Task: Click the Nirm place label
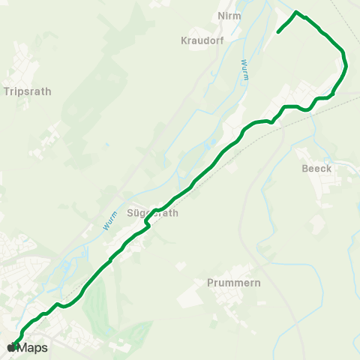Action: tap(228, 16)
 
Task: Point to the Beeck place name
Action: tap(316, 169)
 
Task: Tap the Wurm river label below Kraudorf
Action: tap(244, 70)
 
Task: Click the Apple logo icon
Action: tap(10, 347)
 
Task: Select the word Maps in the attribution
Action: tap(33, 348)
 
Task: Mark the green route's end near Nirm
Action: tap(278, 32)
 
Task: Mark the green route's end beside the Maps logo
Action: tap(14, 346)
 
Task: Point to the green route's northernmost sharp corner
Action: tap(297, 12)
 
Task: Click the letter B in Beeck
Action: tap(304, 169)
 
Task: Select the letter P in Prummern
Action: tap(209, 283)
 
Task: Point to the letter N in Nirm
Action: tap(220, 16)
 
